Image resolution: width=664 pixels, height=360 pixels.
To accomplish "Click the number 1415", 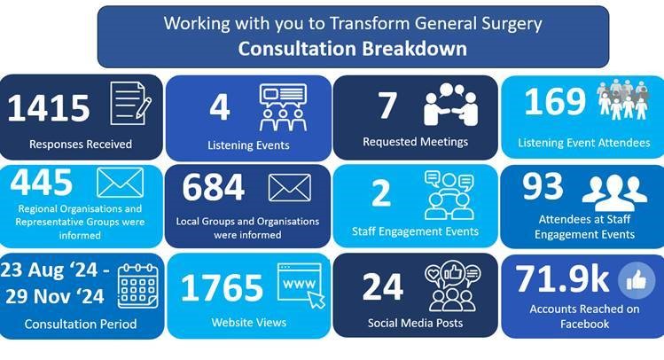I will (x=49, y=107).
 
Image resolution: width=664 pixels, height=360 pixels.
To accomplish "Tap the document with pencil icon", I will (x=130, y=104).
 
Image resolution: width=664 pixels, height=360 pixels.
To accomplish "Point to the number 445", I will (x=42, y=183).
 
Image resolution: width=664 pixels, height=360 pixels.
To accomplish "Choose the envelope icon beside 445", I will (x=119, y=183).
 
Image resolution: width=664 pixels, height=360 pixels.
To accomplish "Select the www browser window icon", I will (x=300, y=284).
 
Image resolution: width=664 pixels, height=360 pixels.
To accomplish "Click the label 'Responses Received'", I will (x=81, y=144).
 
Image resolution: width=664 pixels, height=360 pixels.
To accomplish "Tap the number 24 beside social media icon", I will (x=383, y=286).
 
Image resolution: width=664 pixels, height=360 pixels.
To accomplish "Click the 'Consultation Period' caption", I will (x=81, y=324).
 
